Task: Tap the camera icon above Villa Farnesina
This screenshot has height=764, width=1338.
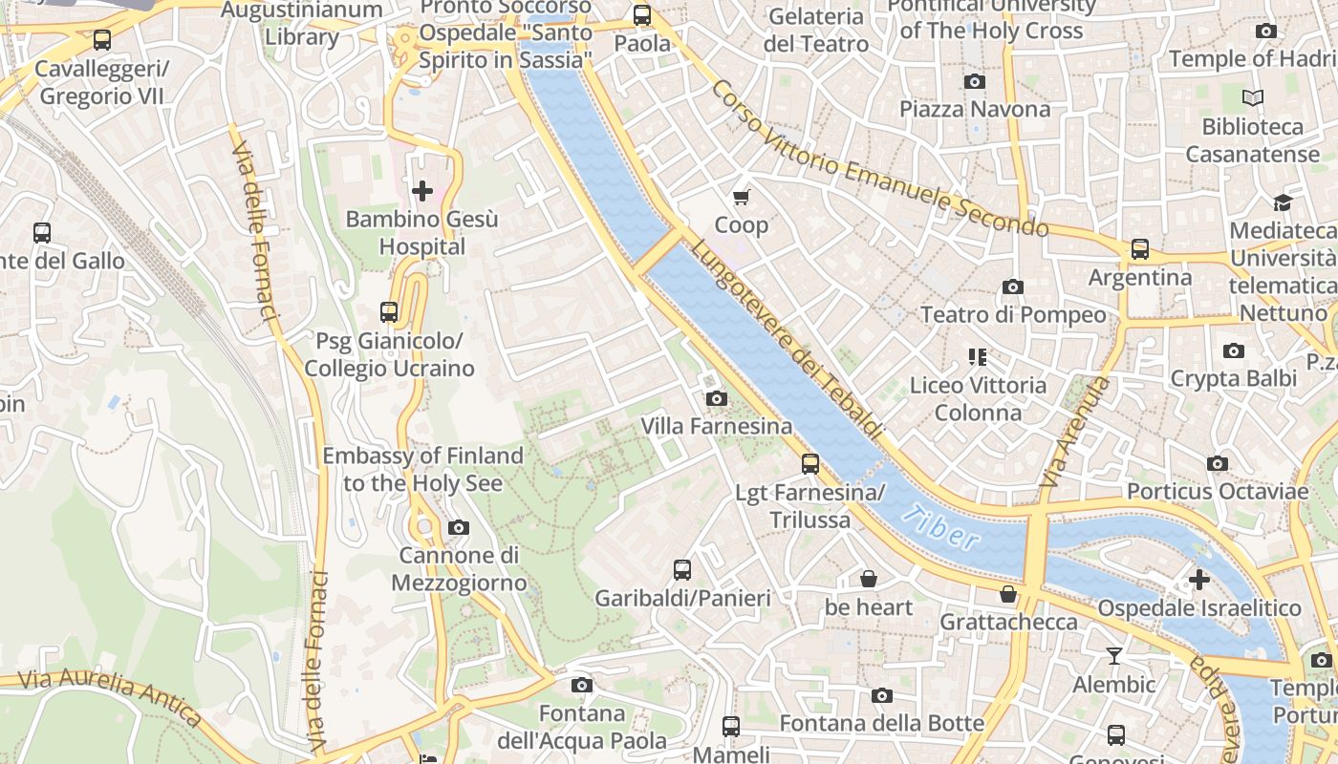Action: point(716,398)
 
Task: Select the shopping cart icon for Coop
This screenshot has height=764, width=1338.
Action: point(741,198)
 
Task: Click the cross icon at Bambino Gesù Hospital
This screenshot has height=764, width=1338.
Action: point(421,191)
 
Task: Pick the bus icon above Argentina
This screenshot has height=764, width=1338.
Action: point(1139,249)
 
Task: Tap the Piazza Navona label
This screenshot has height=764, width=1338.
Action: point(974,109)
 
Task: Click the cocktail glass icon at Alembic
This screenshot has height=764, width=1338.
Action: point(1113,656)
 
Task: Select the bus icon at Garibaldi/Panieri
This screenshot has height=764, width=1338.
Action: point(682,570)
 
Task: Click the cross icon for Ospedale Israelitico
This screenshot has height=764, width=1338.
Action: point(1198,580)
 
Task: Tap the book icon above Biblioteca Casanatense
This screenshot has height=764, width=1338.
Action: point(1252,97)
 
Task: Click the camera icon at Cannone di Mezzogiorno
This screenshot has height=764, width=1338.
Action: point(459,527)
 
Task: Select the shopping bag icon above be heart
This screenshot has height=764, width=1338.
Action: point(869,579)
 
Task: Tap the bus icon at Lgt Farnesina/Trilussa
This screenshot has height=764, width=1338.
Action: point(810,464)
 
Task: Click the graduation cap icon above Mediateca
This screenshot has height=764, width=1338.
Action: point(1282,202)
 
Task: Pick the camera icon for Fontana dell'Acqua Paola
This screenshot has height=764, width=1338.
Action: point(581,685)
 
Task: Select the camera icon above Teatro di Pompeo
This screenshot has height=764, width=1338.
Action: point(1013,286)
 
